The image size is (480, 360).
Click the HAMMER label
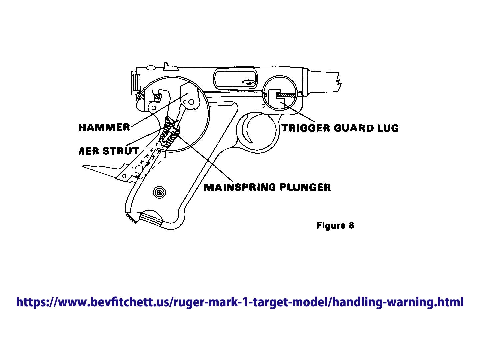[x=104, y=127]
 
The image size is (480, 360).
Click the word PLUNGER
[x=305, y=187]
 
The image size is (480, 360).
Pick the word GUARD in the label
[x=353, y=128]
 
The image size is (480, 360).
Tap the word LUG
[x=388, y=128]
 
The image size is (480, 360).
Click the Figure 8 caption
[x=335, y=226]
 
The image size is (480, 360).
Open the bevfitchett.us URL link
[x=240, y=302]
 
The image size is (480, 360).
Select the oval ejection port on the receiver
[x=235, y=79]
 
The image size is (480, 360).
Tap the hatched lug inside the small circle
[x=286, y=95]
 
